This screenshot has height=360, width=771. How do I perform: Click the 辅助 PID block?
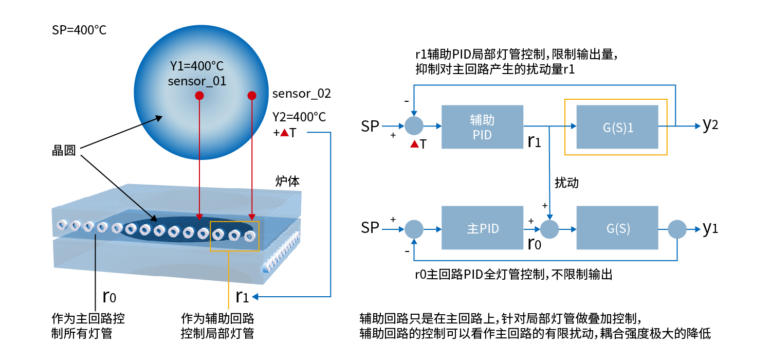tap(482, 127)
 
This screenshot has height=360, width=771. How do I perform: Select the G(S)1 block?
tap(617, 127)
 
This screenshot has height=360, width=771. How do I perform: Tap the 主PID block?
tap(482, 228)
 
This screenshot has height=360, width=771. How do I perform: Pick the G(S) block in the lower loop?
tap(617, 228)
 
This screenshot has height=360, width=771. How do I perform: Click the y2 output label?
tap(710, 125)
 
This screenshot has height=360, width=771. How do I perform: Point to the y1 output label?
tap(710, 228)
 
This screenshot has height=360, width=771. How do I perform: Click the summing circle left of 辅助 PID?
tap(414, 125)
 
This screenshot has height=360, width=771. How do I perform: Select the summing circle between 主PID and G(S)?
tap(550, 228)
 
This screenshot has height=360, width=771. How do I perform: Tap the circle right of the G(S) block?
tap(677, 228)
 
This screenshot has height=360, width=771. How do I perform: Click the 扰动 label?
tap(567, 183)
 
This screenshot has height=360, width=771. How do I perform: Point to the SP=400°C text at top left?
tap(79, 30)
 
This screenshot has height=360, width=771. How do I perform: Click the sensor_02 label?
tap(301, 94)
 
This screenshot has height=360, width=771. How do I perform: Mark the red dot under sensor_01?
tap(199, 96)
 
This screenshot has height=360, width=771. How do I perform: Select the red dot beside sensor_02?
tap(251, 96)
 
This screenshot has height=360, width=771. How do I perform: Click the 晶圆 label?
tap(64, 150)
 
